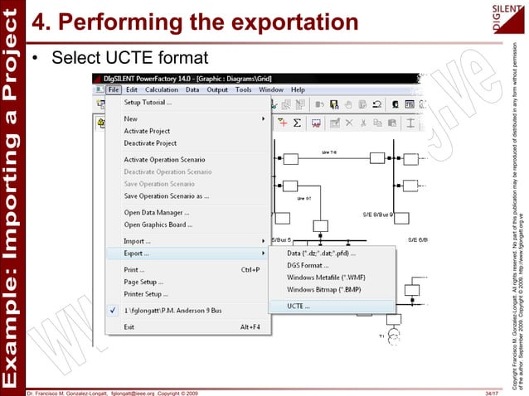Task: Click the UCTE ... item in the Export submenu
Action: [298, 306]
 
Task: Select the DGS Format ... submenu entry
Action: [308, 265]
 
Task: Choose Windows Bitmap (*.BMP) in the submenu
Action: [323, 290]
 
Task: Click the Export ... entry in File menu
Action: [136, 253]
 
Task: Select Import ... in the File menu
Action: [137, 241]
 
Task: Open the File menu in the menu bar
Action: [114, 89]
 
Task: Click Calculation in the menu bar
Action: [162, 89]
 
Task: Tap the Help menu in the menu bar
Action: [298, 89]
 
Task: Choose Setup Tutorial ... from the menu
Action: [148, 103]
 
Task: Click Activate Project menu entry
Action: [147, 131]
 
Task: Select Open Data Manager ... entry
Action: [155, 212]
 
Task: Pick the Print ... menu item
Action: [133, 269]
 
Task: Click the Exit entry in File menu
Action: [129, 326]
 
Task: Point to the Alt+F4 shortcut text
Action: [251, 326]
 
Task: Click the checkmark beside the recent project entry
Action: [113, 310]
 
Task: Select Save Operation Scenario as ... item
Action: [166, 196]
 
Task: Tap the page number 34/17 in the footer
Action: [493, 391]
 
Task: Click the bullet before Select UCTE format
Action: [36, 59]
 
